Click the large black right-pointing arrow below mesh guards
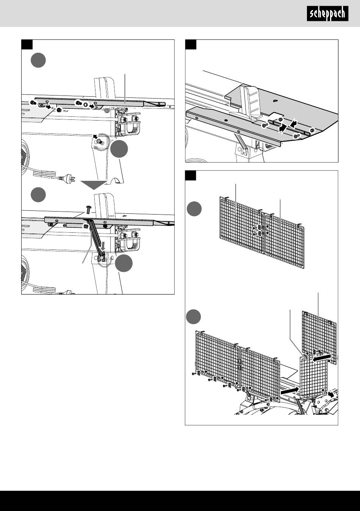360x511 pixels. tap(290, 390)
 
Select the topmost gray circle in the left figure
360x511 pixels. tap(38, 61)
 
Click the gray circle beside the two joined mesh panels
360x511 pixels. tap(194, 209)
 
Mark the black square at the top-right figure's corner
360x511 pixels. tap(191, 45)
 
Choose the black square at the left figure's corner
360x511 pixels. tap(27, 45)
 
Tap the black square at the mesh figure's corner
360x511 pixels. tap(191, 176)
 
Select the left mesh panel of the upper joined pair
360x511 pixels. tap(241, 224)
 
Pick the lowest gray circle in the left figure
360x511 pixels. tap(124, 264)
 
